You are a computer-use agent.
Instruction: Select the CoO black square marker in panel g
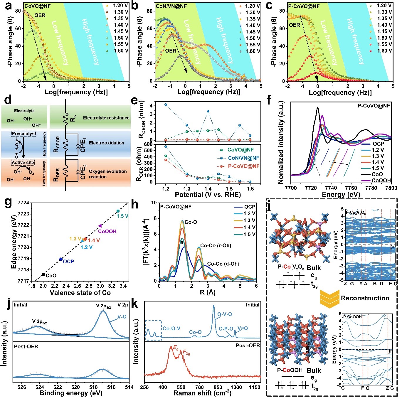coord(43,274)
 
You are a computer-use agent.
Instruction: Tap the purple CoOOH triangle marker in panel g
coord(100,226)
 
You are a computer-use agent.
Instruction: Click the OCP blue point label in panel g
coord(68,261)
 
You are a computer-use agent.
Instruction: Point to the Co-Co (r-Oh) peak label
coord(216,245)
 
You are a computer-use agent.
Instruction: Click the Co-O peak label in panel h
coord(191,222)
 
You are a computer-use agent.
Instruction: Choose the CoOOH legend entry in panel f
coord(381,181)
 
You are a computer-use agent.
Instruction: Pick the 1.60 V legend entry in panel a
coord(121,50)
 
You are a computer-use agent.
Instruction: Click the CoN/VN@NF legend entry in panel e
coord(243,158)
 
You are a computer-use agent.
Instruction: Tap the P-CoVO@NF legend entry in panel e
coord(243,166)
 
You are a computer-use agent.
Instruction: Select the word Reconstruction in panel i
coord(365,298)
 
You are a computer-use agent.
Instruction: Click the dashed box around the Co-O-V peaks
coord(153,330)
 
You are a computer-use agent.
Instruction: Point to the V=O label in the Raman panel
coord(242,328)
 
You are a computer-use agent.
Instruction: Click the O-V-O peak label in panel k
coord(224,314)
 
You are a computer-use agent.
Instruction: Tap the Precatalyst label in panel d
coord(24,134)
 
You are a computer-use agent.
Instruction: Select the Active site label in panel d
coord(23,162)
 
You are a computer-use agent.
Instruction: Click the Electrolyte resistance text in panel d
coord(106,118)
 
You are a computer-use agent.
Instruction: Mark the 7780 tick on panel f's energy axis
coord(371,188)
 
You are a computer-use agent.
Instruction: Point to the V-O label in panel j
coord(122,317)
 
